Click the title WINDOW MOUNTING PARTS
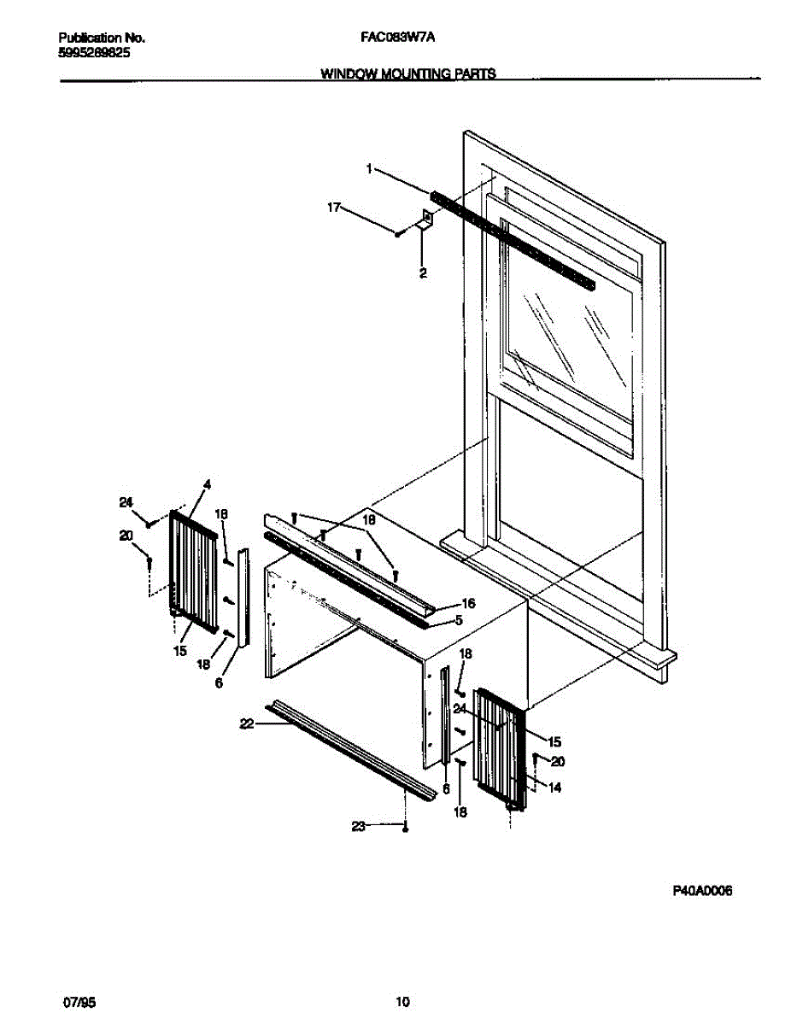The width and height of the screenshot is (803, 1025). (x=407, y=74)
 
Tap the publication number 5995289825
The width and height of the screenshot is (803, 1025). (x=94, y=52)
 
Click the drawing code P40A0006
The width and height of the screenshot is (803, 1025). (x=702, y=891)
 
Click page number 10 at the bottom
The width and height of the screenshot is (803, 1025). (x=403, y=1001)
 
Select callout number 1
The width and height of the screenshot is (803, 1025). (x=369, y=169)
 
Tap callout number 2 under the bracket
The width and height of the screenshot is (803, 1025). (x=423, y=273)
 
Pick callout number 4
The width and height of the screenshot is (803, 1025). (x=206, y=485)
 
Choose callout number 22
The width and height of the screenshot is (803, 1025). (x=247, y=723)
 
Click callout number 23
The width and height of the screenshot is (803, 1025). (x=359, y=826)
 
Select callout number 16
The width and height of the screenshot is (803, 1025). (x=468, y=603)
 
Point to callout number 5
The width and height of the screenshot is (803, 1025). (x=458, y=621)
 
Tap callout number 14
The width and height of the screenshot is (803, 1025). (x=555, y=788)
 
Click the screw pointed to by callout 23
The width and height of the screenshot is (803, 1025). (x=407, y=827)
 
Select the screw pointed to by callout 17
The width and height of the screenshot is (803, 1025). (x=398, y=232)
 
